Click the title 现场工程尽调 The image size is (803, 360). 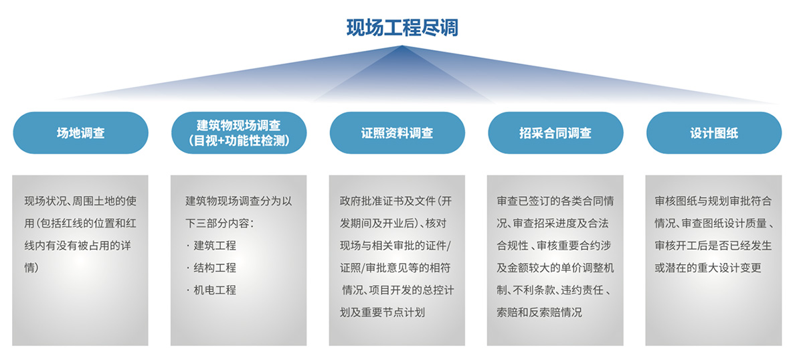coord(402,27)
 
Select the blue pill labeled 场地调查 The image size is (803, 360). coord(81,132)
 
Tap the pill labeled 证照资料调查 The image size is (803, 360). coord(397,132)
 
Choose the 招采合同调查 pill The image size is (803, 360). coord(555,132)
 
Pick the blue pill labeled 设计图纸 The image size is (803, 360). coord(714,132)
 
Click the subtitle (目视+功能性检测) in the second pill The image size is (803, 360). coord(239,141)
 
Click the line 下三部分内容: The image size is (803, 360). coord(219,223)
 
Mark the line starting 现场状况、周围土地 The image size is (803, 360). coord(81,201)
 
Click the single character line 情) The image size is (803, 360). coord(31,268)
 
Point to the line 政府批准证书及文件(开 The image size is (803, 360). coord(395,201)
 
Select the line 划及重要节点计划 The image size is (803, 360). coord(382,312)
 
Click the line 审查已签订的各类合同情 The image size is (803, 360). coord(555,201)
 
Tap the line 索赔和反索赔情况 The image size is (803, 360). coord(539,312)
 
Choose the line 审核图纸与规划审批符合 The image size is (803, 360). coord(713,201)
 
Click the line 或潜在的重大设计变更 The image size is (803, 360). coord(708,268)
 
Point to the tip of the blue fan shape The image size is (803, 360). coord(402,46)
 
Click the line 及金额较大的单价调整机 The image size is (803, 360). coord(555,268)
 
